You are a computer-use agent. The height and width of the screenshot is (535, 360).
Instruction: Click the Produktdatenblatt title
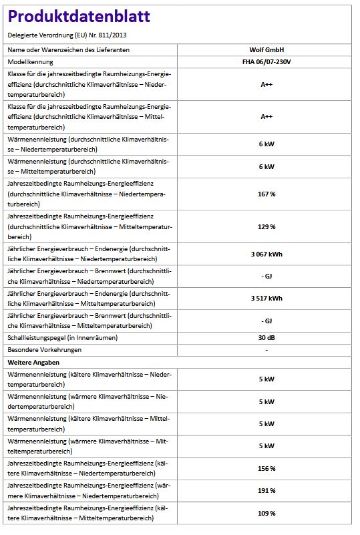(x=79, y=17)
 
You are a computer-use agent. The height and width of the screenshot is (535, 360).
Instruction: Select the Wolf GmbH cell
(x=266, y=49)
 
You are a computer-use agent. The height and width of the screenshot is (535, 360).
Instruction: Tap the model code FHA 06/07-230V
(x=266, y=61)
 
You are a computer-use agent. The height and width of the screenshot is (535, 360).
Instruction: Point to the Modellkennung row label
(x=31, y=61)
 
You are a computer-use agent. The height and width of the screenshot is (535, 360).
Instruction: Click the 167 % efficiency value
(x=266, y=194)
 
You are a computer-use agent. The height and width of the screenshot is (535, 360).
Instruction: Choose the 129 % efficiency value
(x=266, y=226)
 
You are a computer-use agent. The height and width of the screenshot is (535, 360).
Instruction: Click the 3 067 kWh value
(x=266, y=254)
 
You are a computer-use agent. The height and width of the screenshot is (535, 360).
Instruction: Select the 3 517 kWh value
(x=266, y=298)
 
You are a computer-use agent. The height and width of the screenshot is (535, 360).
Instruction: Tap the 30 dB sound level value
(x=266, y=337)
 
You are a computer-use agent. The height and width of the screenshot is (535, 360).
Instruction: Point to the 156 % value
(x=266, y=468)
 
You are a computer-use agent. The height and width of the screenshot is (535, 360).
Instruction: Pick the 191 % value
(x=266, y=490)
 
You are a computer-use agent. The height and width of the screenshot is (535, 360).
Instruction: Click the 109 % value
(x=266, y=513)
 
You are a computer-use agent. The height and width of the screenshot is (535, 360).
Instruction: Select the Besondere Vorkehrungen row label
(x=41, y=349)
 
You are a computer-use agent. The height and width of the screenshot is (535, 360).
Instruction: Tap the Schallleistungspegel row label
(x=62, y=337)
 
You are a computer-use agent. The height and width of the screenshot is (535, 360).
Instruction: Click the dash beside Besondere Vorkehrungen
(x=266, y=349)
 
